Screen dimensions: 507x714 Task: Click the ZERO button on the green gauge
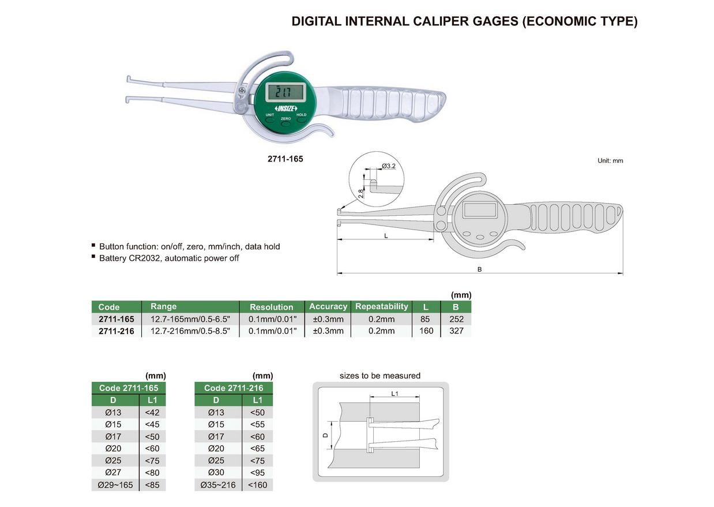tap(285, 123)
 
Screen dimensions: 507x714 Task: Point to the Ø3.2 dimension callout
tap(389, 167)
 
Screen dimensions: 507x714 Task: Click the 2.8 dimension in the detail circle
tap(360, 193)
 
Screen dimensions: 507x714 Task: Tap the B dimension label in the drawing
tap(479, 269)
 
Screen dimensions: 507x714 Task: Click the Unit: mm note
tap(610, 161)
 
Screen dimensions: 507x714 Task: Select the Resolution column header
tap(271, 307)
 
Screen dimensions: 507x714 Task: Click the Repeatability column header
tap(381, 306)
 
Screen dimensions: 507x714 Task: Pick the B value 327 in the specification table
tap(456, 331)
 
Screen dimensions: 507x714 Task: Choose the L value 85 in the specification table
tap(426, 319)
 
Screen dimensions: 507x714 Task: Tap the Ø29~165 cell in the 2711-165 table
tap(115, 485)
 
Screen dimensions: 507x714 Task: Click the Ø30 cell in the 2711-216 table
tap(216, 473)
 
